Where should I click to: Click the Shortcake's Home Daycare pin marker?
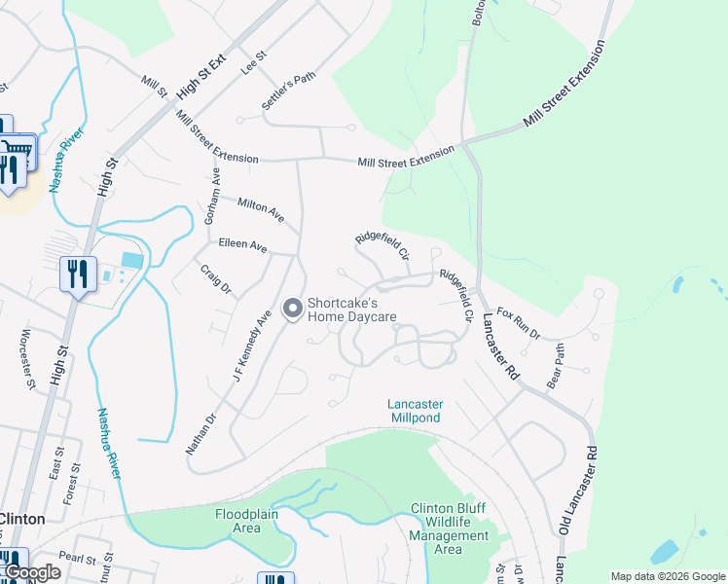pos(291,310)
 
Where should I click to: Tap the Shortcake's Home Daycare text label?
pos(352,310)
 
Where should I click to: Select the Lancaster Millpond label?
pos(415,411)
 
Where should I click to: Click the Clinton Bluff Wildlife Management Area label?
pos(448,529)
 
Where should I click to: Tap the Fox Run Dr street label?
pos(518,323)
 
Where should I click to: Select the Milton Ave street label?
pos(261,207)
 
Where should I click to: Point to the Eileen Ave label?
pos(242,246)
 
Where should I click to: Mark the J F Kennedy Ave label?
pos(249,346)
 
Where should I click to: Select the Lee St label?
pos(254,65)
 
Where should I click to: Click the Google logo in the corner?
pos(32,572)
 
